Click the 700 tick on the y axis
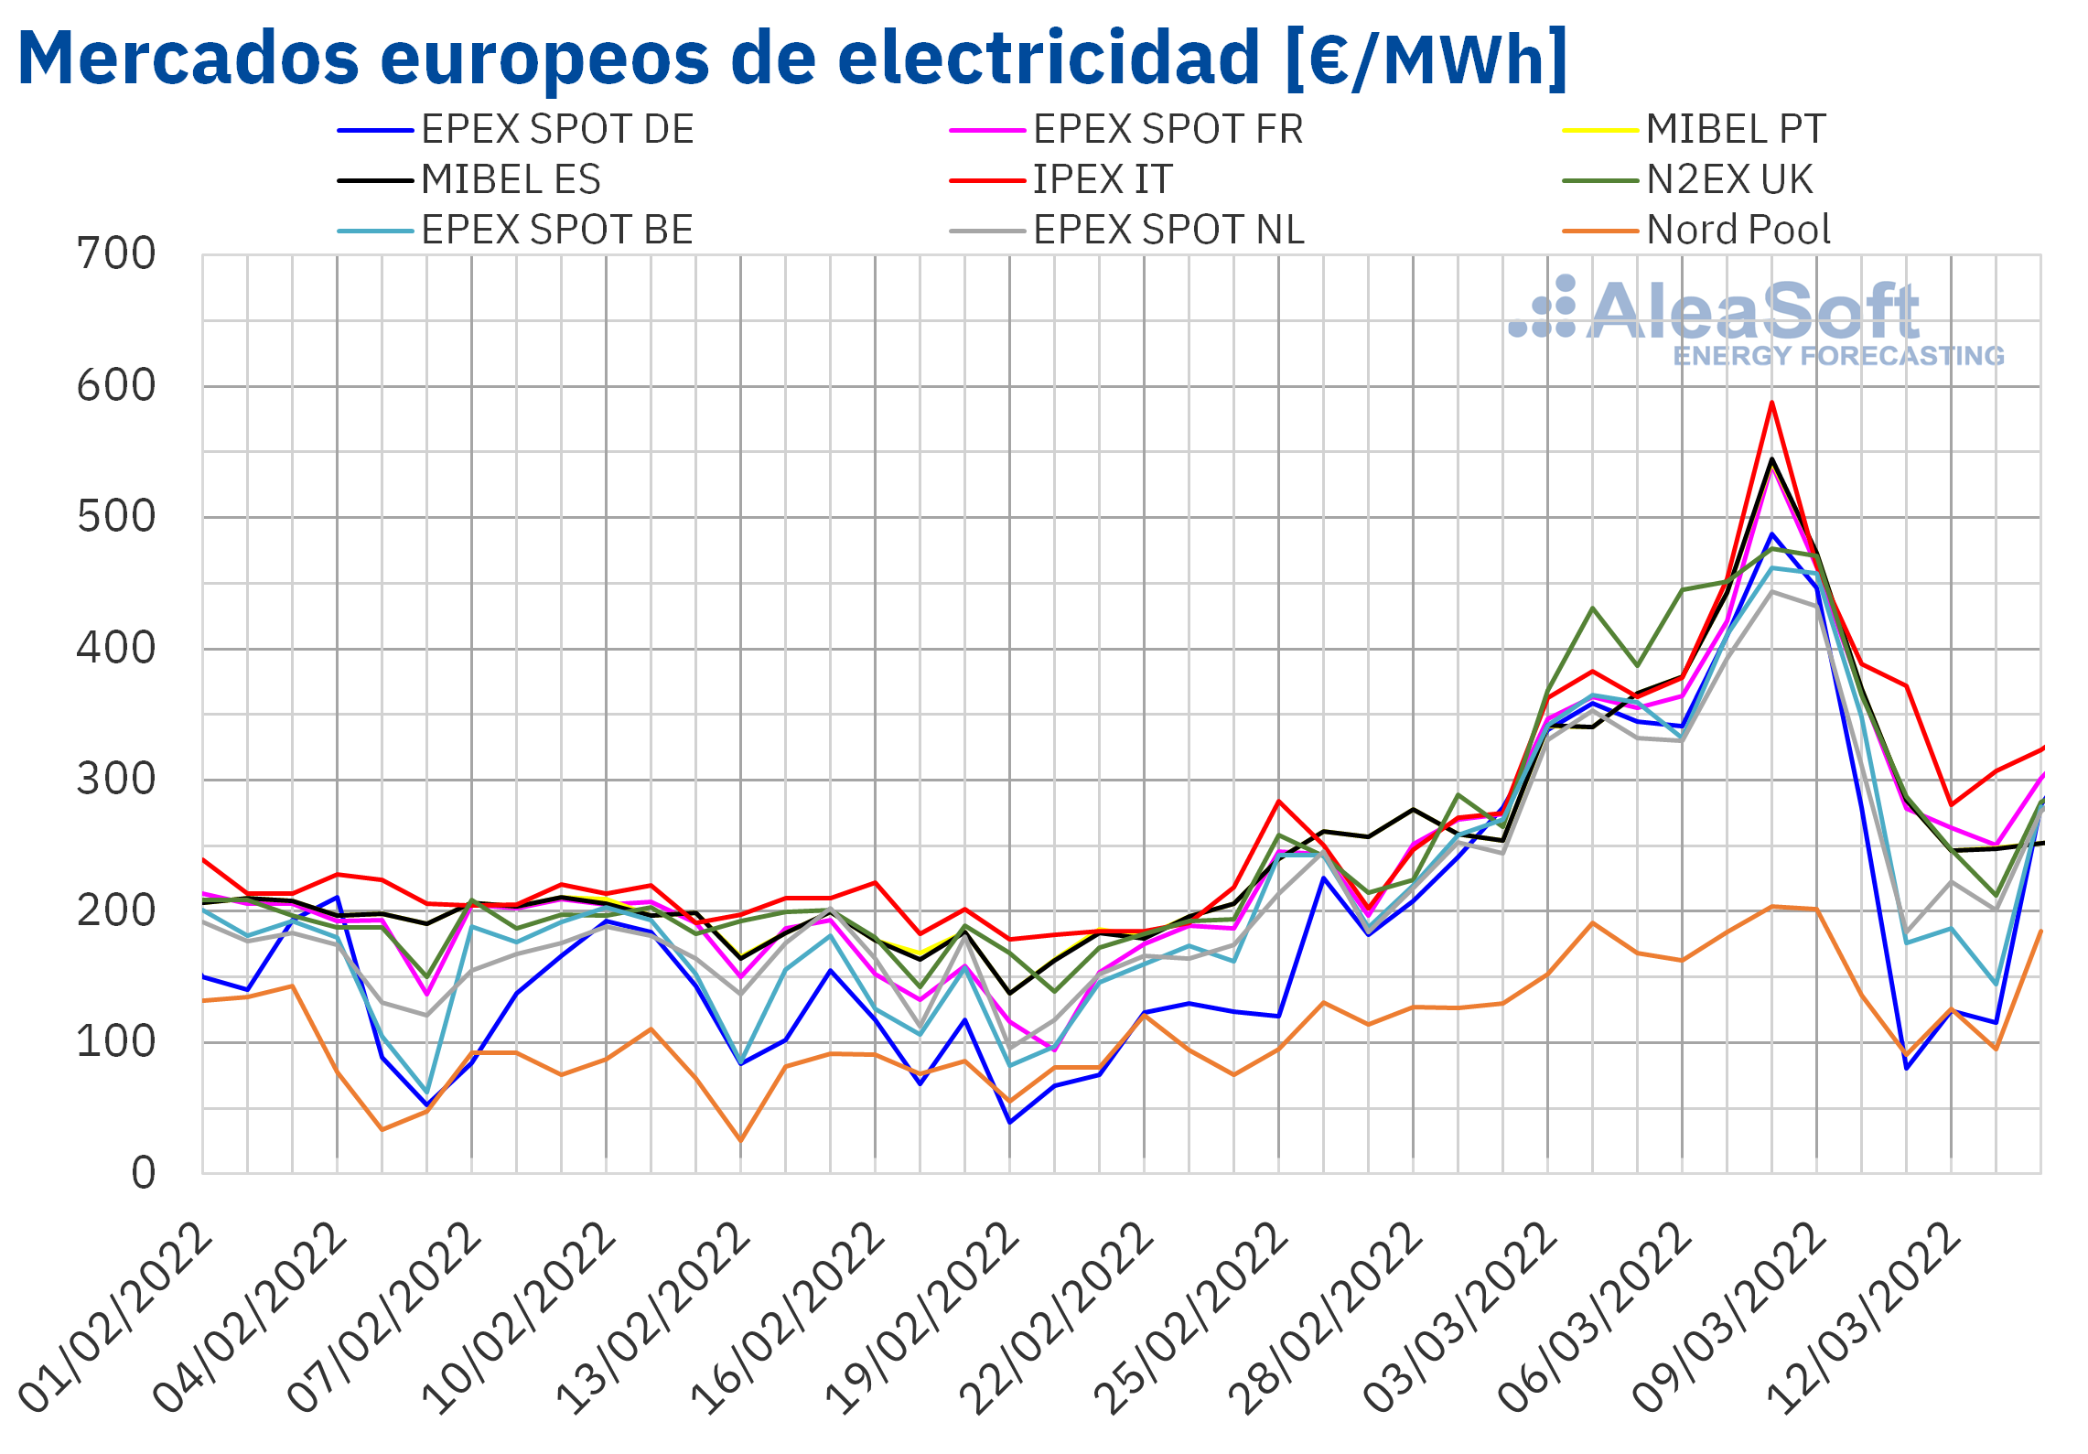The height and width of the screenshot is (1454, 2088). pos(116,254)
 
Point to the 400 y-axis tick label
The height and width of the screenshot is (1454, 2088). pos(116,649)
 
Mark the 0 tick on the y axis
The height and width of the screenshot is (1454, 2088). pos(143,1174)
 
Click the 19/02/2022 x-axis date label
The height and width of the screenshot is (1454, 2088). pos(922,1318)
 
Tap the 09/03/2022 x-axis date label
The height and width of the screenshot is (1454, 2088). pos(1729,1318)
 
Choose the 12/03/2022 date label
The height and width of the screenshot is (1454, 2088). pos(1864,1318)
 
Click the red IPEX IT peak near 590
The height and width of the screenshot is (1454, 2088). pos(1771,403)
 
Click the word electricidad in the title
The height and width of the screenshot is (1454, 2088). pos(1049,59)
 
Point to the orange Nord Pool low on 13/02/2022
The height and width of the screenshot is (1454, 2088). pos(740,1140)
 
